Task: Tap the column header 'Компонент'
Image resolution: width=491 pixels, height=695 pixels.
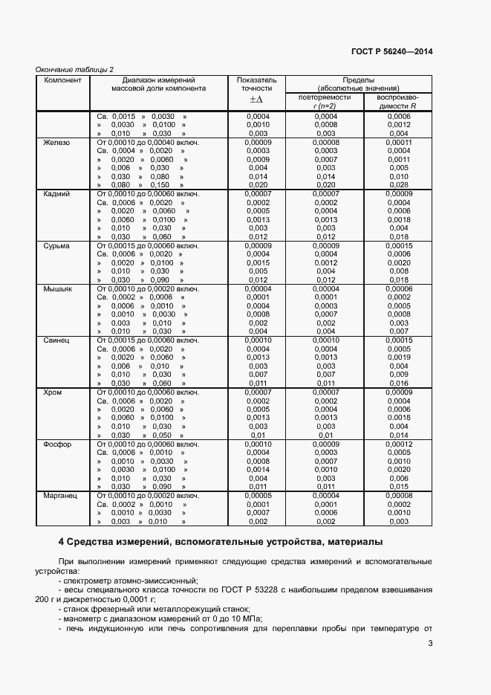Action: pyautogui.click(x=62, y=79)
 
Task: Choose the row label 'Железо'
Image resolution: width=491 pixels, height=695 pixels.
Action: pyautogui.click(x=56, y=143)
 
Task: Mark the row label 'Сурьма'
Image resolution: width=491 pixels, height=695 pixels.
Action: pyautogui.click(x=56, y=245)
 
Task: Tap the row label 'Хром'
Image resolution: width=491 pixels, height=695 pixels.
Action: pyautogui.click(x=53, y=392)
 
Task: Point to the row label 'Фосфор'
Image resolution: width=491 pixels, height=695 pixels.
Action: pyautogui.click(x=57, y=444)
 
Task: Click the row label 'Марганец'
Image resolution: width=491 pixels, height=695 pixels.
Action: pyautogui.click(x=61, y=495)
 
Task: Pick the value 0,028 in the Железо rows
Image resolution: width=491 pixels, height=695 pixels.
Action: pyautogui.click(x=399, y=185)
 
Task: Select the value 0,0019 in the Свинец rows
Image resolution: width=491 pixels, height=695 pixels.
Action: pyautogui.click(x=399, y=358)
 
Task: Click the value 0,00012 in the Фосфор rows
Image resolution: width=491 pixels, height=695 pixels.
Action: pyautogui.click(x=399, y=444)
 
